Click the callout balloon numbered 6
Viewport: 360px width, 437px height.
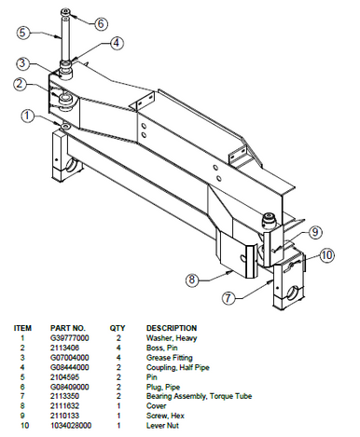pyautogui.click(x=102, y=22)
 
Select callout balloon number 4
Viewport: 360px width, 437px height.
pyautogui.click(x=116, y=42)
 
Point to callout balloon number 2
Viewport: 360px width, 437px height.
pyautogui.click(x=19, y=84)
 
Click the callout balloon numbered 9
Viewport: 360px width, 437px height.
pyautogui.click(x=314, y=231)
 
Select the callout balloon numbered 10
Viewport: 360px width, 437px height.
pyautogui.click(x=327, y=253)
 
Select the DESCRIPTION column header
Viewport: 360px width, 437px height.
pyautogui.click(x=172, y=328)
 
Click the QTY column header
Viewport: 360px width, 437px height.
pyautogui.click(x=118, y=328)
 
